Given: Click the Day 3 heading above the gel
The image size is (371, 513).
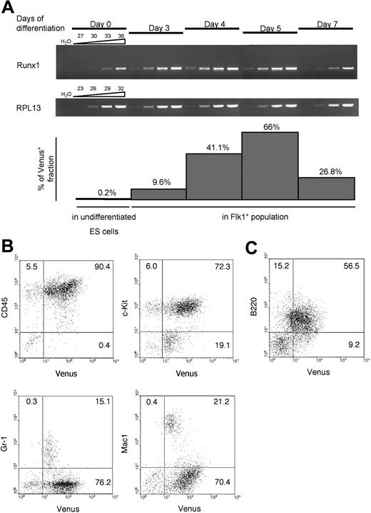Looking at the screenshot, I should coord(156,27).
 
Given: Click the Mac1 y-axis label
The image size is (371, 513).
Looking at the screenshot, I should coord(133,437).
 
